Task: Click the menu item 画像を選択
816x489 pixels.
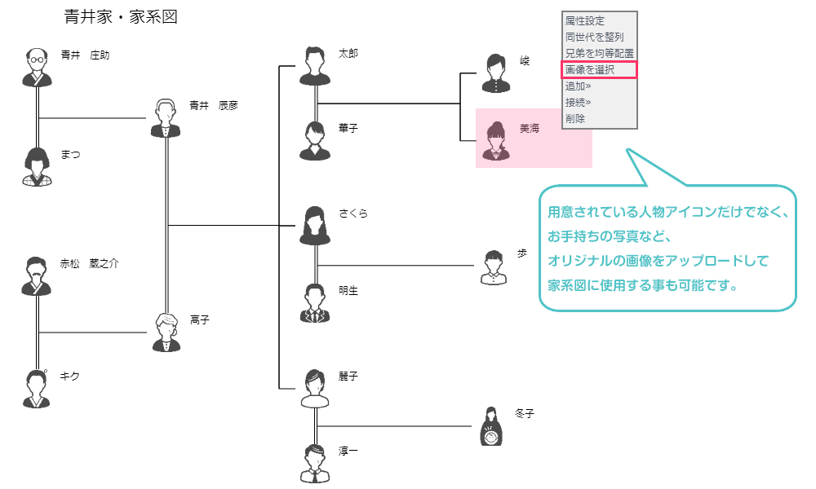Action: coord(590,70)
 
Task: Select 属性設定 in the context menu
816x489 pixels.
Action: coord(585,21)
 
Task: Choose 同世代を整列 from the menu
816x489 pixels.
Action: coord(594,37)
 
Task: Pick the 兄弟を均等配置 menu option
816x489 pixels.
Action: coord(599,54)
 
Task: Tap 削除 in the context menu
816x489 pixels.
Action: coord(575,119)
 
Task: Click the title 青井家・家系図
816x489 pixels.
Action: coord(121,16)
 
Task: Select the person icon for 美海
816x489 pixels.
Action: coord(494,140)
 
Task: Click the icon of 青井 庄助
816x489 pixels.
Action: coord(36,68)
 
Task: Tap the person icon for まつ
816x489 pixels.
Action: coord(36,167)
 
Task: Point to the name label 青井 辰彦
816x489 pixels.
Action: coord(214,105)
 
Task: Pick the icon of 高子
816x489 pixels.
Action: coord(166,333)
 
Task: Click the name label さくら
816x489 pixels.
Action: coord(353,214)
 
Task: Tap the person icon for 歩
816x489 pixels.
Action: coord(493,267)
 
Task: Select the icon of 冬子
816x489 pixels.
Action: coord(490,426)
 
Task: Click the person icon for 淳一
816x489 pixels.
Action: coord(314,464)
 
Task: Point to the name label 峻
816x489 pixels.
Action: coord(525,61)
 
